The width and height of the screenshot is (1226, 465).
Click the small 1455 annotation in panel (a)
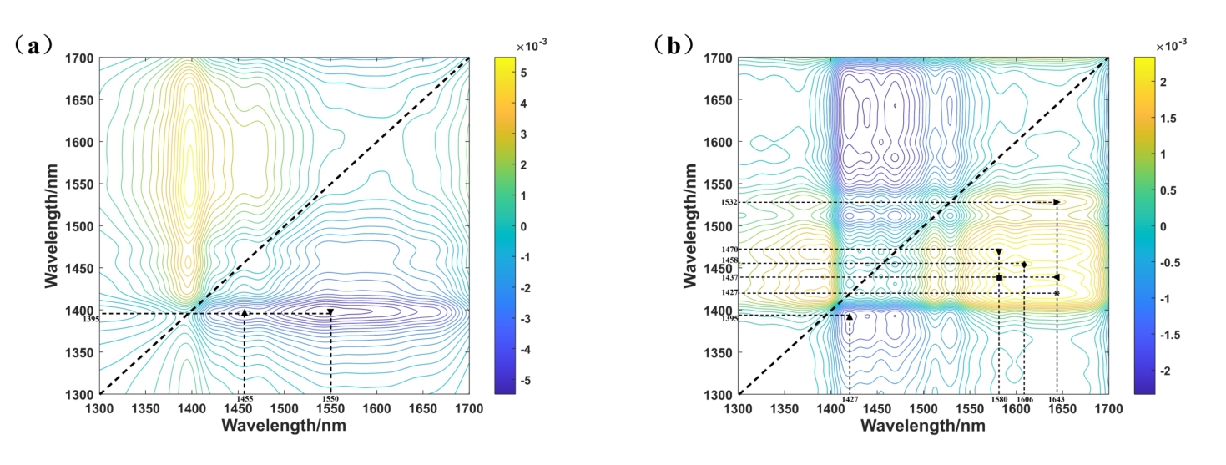pos(244,399)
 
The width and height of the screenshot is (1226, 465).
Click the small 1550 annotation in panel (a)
pos(330,399)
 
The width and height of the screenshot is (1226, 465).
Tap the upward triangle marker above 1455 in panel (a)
pos(244,312)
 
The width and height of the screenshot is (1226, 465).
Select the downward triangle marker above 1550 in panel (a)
pos(330,312)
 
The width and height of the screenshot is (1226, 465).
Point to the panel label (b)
pos(674,45)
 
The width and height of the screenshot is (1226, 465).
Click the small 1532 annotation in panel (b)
pos(729,202)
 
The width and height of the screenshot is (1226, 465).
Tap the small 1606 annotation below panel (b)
pos(1025,400)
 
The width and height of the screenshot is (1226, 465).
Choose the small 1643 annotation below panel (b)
pos(1057,400)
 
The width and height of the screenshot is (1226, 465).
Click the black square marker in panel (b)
pos(999,277)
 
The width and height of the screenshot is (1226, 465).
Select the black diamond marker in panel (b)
pos(1024,265)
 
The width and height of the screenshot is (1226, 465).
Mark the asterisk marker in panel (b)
pos(1057,293)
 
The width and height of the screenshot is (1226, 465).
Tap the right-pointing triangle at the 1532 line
pos(1057,202)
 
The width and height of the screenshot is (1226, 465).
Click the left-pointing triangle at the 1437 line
pos(1057,277)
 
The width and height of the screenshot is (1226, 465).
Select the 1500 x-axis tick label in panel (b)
pos(923,408)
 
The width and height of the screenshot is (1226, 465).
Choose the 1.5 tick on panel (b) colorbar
pos(1163,119)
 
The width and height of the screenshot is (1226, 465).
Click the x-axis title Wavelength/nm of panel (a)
pos(284,426)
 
